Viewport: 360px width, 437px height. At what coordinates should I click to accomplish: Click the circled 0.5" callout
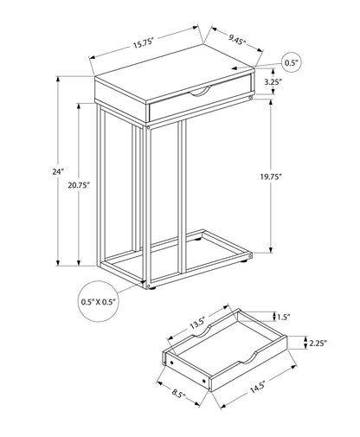[x=292, y=62]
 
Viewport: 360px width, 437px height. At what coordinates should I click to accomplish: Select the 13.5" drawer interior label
[x=199, y=324]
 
